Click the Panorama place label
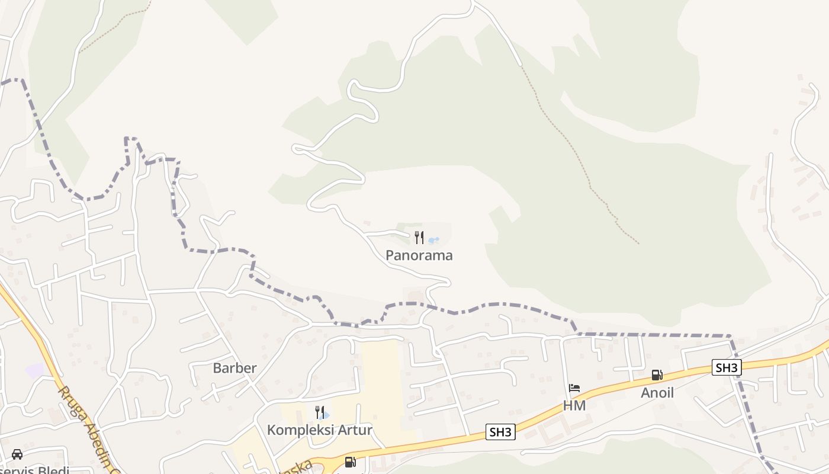(419, 255)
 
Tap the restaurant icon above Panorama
(419, 238)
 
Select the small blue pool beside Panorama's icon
(433, 241)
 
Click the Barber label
(235, 368)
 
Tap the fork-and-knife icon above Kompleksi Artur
(320, 412)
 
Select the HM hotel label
(574, 406)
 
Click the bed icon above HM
(574, 388)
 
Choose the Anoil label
(657, 393)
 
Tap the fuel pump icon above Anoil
(657, 375)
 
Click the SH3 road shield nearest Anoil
(727, 367)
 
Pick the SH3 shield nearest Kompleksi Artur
(500, 432)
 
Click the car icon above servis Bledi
(17, 454)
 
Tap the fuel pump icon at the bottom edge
(351, 462)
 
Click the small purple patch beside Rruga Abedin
(35, 371)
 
